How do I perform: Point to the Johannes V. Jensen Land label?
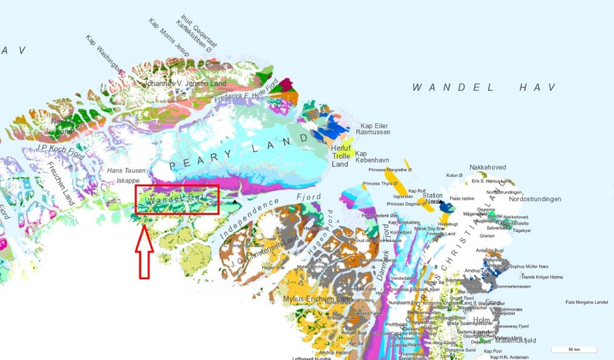pos(184,83)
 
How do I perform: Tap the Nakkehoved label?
pos(487,168)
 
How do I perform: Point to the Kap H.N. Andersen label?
pos(509,357)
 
